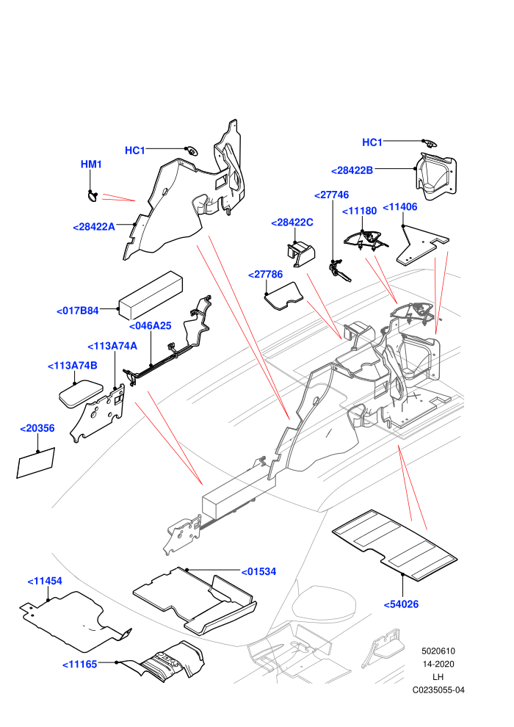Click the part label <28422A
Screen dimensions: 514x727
coord(94,227)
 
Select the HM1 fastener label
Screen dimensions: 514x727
coord(91,164)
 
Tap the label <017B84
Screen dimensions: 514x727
coord(77,311)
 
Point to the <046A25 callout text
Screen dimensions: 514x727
coord(150,326)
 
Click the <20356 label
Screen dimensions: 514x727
coord(37,428)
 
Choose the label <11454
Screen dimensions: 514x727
coord(45,581)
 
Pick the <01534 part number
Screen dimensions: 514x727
coord(258,571)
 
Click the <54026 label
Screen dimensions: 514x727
coord(401,604)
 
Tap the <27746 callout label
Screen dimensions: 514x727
coord(331,195)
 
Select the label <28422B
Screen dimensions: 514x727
coord(352,170)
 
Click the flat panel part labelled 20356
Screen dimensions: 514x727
coord(36,463)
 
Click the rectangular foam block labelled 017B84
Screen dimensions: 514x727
coord(151,296)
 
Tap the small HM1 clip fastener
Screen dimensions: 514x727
coord(93,195)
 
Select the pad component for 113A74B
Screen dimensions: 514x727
coord(81,394)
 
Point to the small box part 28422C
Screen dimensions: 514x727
coord(301,253)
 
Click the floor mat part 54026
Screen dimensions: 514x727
coord(395,545)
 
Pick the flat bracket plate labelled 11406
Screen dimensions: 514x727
coord(421,245)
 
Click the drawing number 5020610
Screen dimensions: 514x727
coord(438,651)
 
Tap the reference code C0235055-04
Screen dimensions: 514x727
coord(438,690)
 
